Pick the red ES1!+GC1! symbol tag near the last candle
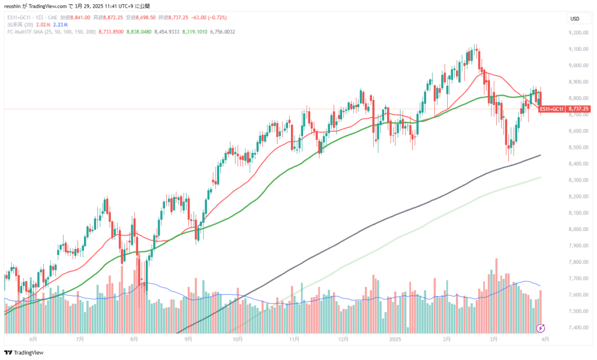click(551, 109)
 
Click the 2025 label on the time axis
click(395, 339)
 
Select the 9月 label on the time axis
click(188, 339)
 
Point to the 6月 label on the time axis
click(33, 339)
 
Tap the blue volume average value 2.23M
click(60, 25)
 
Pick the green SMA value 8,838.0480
click(138, 32)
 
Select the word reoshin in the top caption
click(13, 5)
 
